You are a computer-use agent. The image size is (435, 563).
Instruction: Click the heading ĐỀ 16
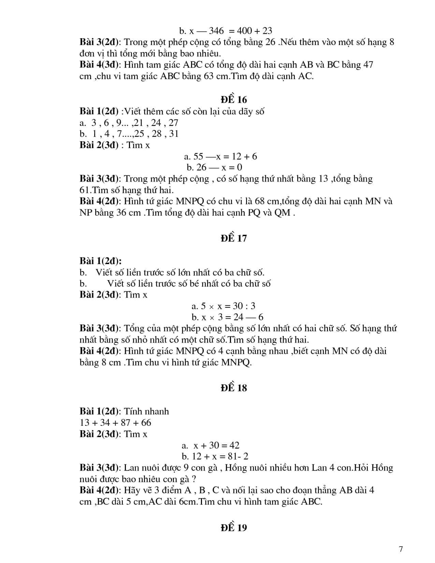tap(234, 100)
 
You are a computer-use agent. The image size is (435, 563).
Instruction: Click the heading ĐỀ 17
tap(234, 238)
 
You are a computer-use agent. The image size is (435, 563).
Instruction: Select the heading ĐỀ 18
tap(234, 388)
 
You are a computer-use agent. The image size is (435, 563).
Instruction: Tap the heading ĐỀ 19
tap(234, 528)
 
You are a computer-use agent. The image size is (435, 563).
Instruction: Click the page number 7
tap(401, 549)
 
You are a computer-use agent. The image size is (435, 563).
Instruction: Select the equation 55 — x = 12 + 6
tap(225, 157)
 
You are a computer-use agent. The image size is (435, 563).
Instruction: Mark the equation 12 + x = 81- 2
tap(220, 457)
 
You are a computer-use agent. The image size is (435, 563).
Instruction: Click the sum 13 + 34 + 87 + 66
tap(115, 423)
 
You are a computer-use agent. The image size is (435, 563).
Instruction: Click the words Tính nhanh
tap(146, 412)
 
